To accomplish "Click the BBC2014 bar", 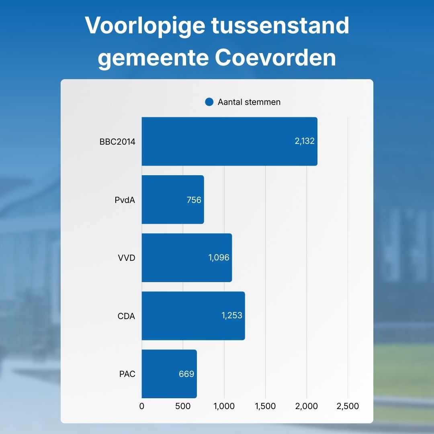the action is point(229,141).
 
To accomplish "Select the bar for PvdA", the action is point(173,200).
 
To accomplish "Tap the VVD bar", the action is point(187,258).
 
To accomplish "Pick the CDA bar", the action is point(193,316).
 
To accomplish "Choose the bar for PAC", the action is point(169,374).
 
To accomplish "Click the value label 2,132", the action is point(305,141).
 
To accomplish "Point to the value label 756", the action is point(194,200).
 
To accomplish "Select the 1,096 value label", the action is point(219,258).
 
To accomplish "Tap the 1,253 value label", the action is point(232,315).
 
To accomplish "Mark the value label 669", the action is point(186,374).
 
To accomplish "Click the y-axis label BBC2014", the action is point(117,142).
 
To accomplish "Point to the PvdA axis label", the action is point(125,200).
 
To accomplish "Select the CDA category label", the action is point(126,316).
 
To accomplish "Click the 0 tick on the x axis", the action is point(142,406).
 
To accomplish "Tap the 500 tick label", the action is point(183,406).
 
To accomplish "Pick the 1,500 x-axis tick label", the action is point(265,406).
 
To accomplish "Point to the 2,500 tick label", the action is point(348,406).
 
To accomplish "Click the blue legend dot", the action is point(209,102).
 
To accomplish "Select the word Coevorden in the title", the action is point(275,57).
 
